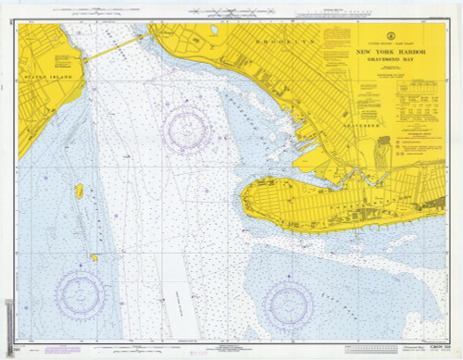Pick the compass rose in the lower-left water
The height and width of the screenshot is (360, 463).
point(81,292)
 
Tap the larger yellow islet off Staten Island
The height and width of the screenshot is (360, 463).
point(80,192)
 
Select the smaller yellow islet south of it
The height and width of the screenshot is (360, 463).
point(94,257)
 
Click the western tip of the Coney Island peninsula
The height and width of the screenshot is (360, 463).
point(243,196)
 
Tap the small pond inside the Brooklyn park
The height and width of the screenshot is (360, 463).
point(215,30)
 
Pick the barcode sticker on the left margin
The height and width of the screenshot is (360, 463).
point(7,319)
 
